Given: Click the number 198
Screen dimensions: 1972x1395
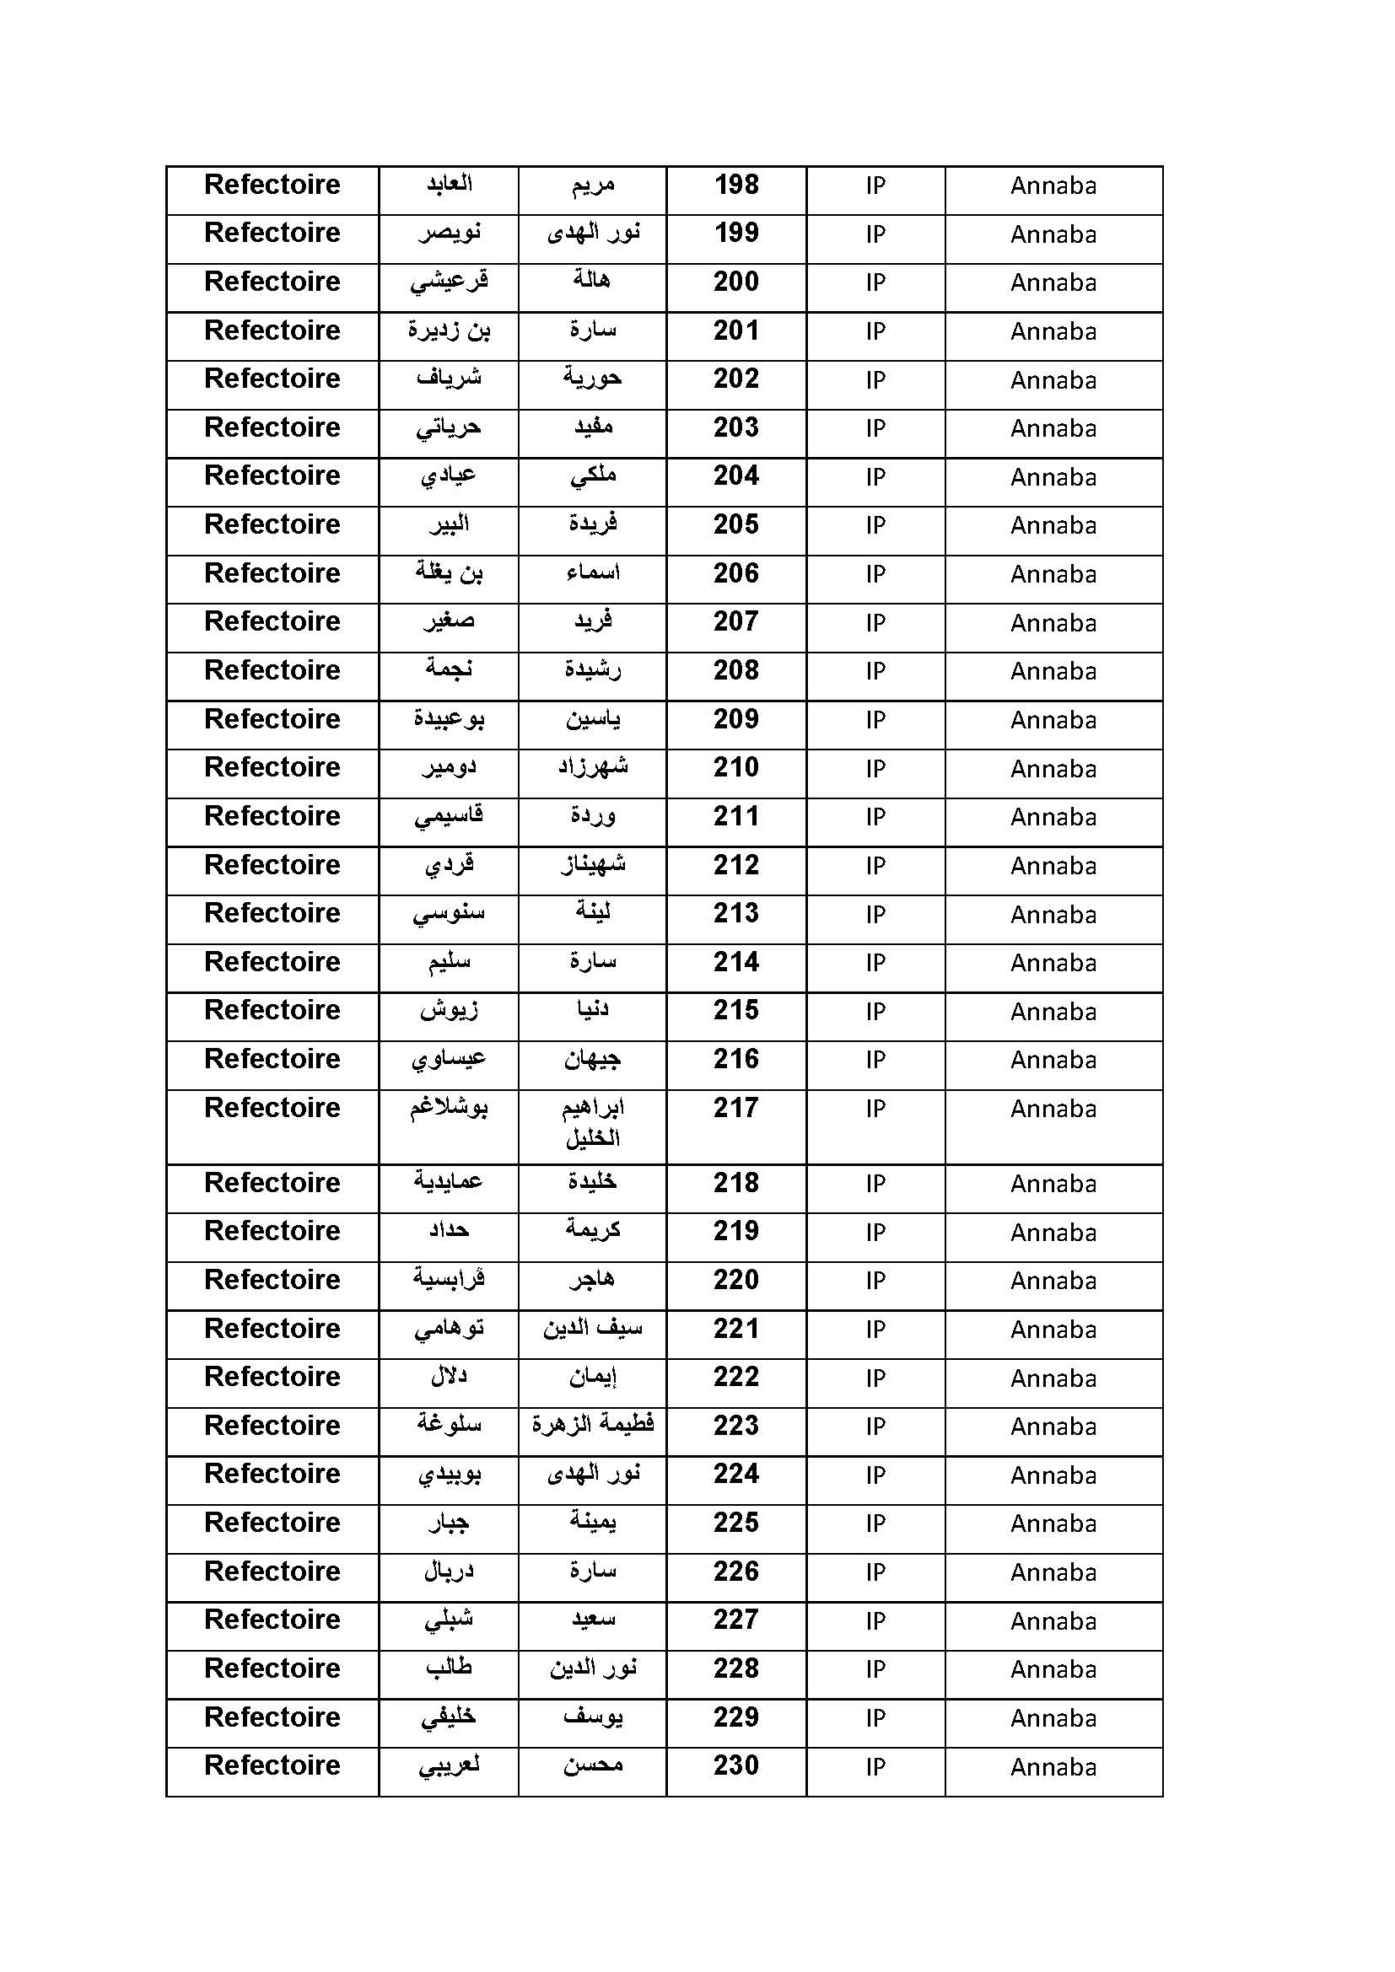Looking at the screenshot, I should [x=736, y=185].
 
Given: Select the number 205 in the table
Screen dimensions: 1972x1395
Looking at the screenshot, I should [x=736, y=524].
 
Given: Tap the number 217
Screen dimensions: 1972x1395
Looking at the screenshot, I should [x=736, y=1108].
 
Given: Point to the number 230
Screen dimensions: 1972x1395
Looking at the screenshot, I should [x=736, y=1766].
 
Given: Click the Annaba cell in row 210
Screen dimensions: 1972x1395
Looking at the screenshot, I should [x=1053, y=769].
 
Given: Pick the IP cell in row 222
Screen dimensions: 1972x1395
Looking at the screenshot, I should [x=875, y=1378].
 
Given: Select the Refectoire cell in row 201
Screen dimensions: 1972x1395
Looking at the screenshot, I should [x=272, y=330].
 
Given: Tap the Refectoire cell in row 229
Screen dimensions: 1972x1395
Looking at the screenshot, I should [x=272, y=1717].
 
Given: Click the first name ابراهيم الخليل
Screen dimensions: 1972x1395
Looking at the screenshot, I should [x=593, y=1122].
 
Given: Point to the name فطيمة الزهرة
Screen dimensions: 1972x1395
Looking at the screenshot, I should [x=593, y=1425].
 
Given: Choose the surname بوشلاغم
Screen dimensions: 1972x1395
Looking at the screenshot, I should [x=449, y=1108].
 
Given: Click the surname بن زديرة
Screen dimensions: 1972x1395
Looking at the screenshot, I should [x=449, y=330].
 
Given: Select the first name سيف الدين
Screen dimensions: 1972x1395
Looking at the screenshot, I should [x=593, y=1329].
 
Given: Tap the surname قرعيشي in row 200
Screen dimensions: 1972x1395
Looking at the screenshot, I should [x=449, y=282].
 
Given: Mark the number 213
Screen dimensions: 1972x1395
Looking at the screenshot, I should [x=736, y=913].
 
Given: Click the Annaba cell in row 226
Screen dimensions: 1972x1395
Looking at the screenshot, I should [x=1053, y=1572].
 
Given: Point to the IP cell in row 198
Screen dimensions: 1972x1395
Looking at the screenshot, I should [x=875, y=185].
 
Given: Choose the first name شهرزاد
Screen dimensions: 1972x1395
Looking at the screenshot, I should [x=593, y=767].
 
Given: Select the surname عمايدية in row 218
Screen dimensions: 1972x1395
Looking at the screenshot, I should [x=449, y=1183].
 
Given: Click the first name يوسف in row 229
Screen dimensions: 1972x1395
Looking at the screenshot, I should [x=593, y=1717].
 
